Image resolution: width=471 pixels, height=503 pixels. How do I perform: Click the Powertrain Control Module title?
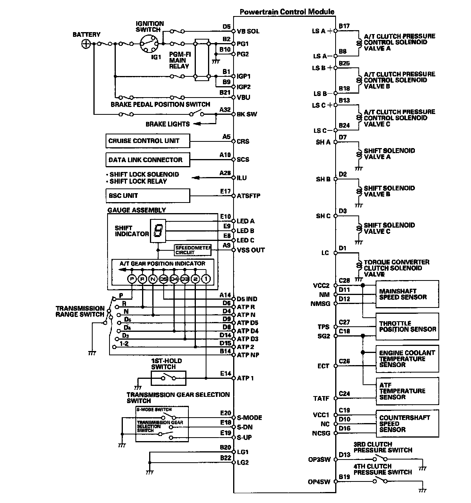[287, 12]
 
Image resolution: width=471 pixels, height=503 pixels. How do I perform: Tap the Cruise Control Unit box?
[148, 141]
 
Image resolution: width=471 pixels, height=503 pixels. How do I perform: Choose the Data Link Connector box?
[148, 160]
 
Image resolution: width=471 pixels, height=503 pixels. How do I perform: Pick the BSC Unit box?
[148, 195]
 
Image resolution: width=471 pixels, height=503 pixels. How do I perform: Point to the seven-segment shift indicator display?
[158, 231]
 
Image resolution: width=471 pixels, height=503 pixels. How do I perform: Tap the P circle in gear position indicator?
[132, 279]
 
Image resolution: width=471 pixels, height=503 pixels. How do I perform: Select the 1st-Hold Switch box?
[169, 378]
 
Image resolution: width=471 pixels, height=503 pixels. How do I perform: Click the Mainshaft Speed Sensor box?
[407, 294]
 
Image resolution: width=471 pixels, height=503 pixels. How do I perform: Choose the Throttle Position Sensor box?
[407, 326]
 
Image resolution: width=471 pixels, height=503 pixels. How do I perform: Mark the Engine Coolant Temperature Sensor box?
[407, 358]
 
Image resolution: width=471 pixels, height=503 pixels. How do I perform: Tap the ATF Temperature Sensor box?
[407, 391]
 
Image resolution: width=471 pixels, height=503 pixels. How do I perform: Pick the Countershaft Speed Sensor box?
[407, 423]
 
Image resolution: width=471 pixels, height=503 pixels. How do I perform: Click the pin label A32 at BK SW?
[225, 110]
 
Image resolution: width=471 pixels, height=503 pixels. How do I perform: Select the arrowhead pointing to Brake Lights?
[196, 124]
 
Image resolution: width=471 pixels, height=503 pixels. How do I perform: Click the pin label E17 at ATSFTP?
[225, 192]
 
